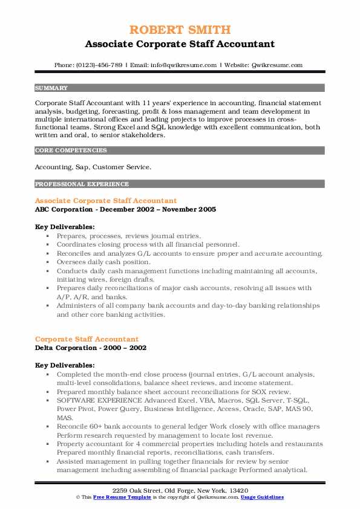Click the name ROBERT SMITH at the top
[180, 30]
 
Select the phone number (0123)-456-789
[100, 65]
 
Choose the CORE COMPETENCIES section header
[71, 150]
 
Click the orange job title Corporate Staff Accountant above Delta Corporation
[87, 339]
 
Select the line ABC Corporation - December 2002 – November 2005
[125, 209]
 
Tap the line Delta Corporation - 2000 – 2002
[91, 348]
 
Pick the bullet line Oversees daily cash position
[103, 262]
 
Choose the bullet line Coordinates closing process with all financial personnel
[148, 244]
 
